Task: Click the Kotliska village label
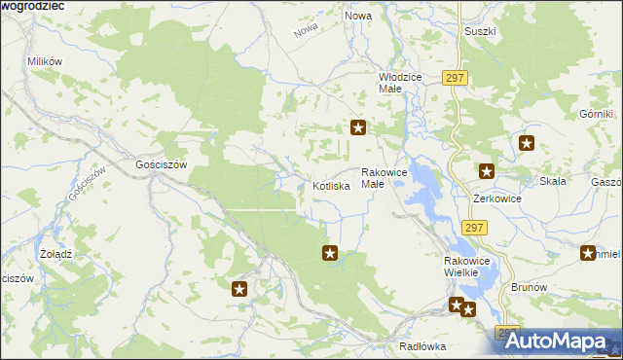[330, 186]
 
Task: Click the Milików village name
[45, 61]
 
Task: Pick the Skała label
[553, 181]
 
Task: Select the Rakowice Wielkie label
[469, 267]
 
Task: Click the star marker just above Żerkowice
[487, 172]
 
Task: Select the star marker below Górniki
[527, 144]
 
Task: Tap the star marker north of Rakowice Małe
[358, 127]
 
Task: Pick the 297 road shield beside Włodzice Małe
[455, 78]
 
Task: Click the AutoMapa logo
[560, 341]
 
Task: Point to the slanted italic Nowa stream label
[306, 30]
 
